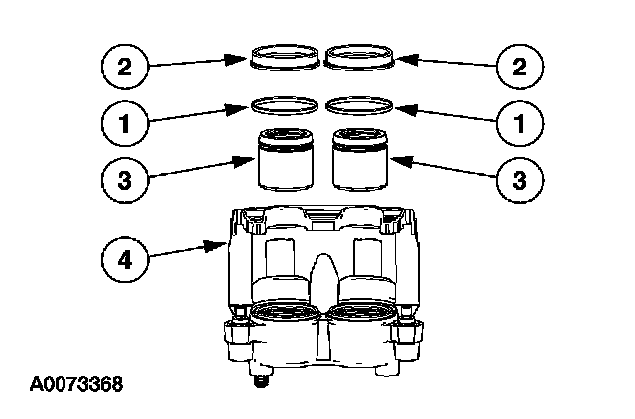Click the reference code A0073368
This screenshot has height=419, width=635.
76,383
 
